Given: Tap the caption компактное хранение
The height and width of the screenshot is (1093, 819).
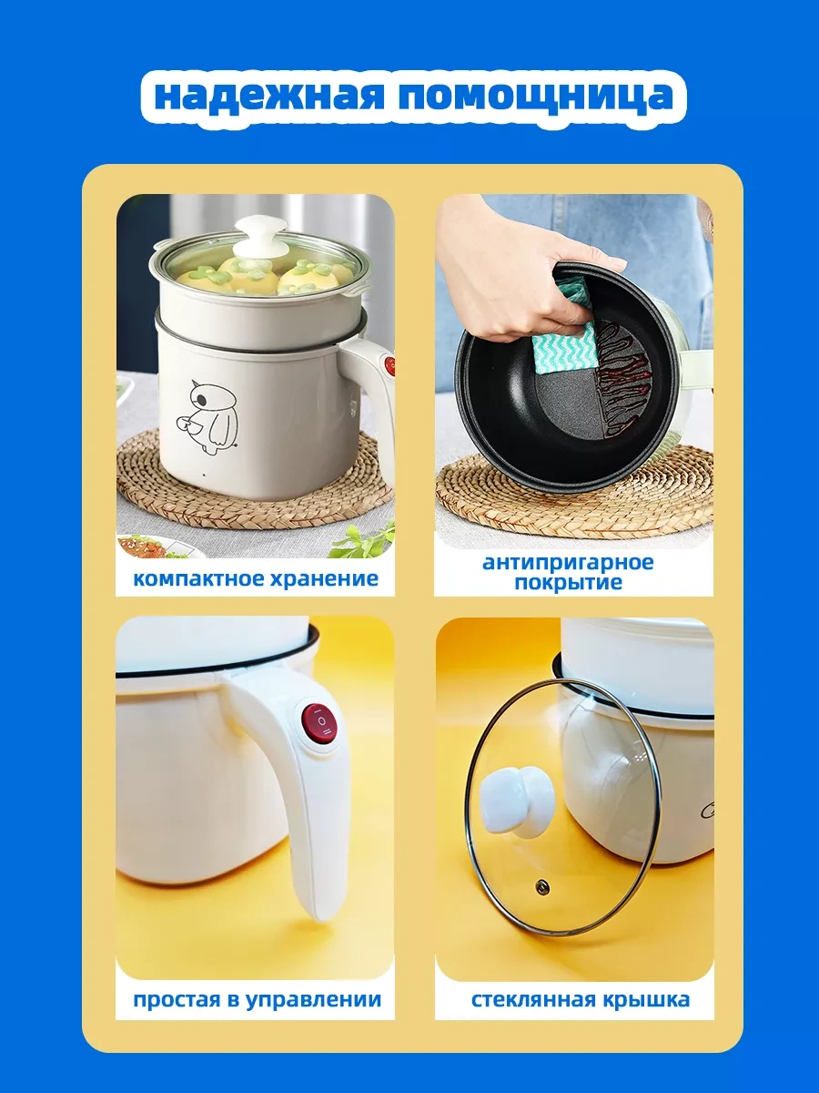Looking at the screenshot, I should (256, 578).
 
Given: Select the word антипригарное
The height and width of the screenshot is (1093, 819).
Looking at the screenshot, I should (568, 562).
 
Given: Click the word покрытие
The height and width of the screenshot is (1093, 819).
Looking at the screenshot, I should (568, 583).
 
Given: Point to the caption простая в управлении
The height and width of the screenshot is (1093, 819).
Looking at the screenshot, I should (257, 999).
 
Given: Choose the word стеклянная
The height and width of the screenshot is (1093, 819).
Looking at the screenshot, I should (532, 999).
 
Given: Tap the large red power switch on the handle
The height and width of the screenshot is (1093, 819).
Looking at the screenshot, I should (319, 725).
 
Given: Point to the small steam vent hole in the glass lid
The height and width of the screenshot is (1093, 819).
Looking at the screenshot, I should (542, 885).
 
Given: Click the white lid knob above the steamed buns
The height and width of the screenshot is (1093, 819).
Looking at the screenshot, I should (261, 229).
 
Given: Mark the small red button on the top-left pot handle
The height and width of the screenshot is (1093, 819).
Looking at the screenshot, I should (389, 365).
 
